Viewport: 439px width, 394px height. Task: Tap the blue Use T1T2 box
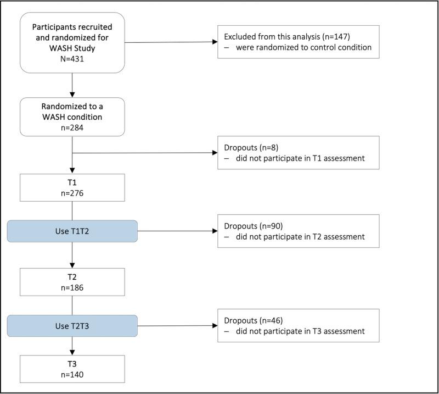tap(72, 231)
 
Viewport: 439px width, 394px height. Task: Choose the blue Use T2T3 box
tap(72, 326)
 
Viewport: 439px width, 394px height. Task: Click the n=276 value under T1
tap(72, 193)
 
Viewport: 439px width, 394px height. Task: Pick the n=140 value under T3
tap(72, 374)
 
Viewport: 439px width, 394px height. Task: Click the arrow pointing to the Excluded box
tap(176, 42)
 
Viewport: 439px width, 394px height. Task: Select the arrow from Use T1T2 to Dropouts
tap(176, 231)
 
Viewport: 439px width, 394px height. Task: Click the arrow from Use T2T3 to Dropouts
tap(176, 326)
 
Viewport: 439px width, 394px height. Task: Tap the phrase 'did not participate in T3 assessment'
tap(301, 331)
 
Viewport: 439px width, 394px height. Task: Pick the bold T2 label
tap(72, 277)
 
